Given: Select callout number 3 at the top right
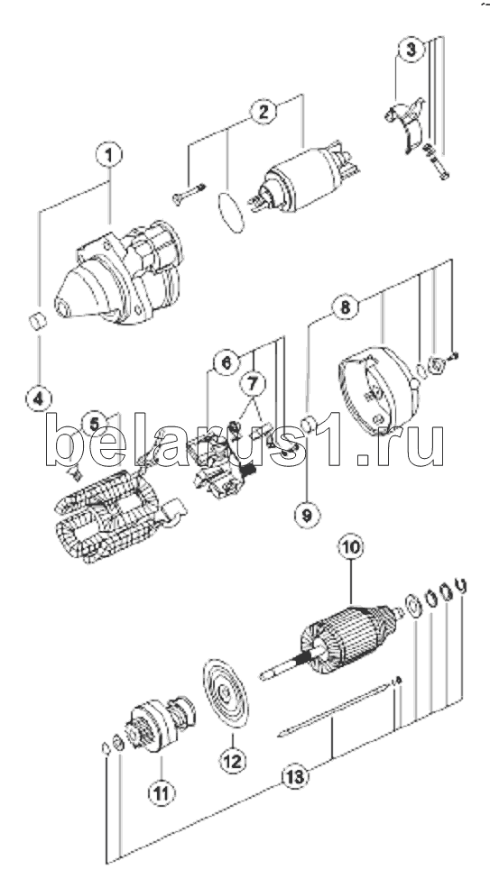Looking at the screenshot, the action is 410,50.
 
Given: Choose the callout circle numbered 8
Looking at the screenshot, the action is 345,307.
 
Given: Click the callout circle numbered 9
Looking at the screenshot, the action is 307,515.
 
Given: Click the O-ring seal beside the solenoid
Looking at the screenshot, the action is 231,213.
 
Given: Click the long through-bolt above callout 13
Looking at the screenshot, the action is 339,707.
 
